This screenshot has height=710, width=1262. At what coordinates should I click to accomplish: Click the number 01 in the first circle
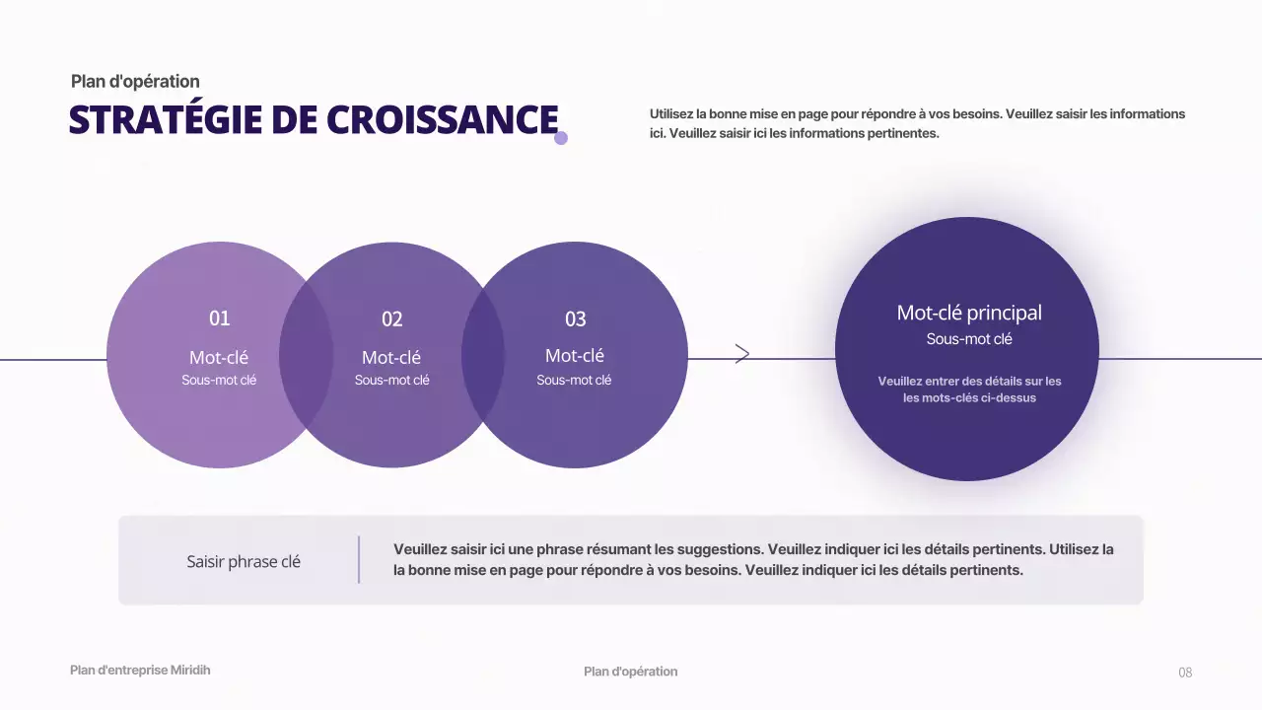[219, 319]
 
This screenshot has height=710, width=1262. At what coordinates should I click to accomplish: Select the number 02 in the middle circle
[392, 319]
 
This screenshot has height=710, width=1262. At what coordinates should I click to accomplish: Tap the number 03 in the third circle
[575, 319]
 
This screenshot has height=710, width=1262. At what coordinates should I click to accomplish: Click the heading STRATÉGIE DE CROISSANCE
[314, 119]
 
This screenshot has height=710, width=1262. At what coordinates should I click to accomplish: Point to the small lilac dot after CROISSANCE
[561, 138]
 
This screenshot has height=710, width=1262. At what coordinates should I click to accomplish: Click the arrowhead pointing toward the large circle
[742, 354]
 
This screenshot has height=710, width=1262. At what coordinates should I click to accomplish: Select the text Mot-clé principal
[968, 313]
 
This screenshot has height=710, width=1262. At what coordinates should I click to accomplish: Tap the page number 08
[1185, 673]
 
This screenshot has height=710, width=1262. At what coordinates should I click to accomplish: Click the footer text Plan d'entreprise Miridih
[140, 671]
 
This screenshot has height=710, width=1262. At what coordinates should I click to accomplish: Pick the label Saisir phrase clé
[244, 562]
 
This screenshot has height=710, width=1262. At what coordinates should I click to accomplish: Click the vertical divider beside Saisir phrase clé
[359, 559]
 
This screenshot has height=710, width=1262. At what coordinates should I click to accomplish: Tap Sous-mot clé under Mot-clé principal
[968, 339]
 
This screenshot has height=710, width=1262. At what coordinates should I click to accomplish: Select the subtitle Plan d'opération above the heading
[135, 82]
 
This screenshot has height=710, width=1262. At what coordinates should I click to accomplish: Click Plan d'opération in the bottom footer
[630, 672]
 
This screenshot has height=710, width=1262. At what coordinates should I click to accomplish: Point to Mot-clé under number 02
[391, 357]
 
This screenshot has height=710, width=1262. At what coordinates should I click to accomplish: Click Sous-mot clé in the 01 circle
[219, 380]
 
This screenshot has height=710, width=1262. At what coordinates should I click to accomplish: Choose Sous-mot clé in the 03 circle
[574, 380]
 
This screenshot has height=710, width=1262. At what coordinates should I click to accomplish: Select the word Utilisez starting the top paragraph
[671, 114]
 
